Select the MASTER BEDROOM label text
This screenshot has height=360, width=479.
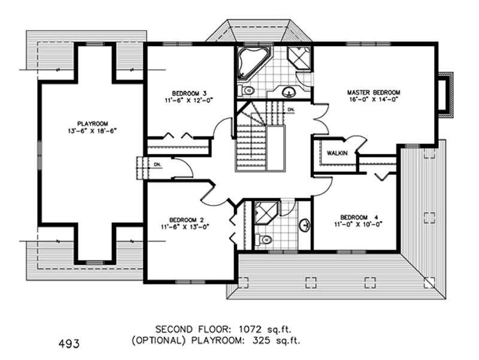point(374,92)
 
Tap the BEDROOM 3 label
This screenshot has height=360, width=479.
point(189,93)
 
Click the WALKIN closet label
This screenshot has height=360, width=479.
point(337,153)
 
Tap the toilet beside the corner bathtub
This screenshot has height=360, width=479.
point(246,91)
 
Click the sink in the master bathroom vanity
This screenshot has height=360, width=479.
point(289,92)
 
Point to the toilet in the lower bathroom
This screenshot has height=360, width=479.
point(264,240)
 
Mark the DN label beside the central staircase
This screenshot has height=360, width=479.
point(290,110)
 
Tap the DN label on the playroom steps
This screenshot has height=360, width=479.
point(157,164)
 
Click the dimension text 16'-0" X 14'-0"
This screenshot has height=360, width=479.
point(374,101)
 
